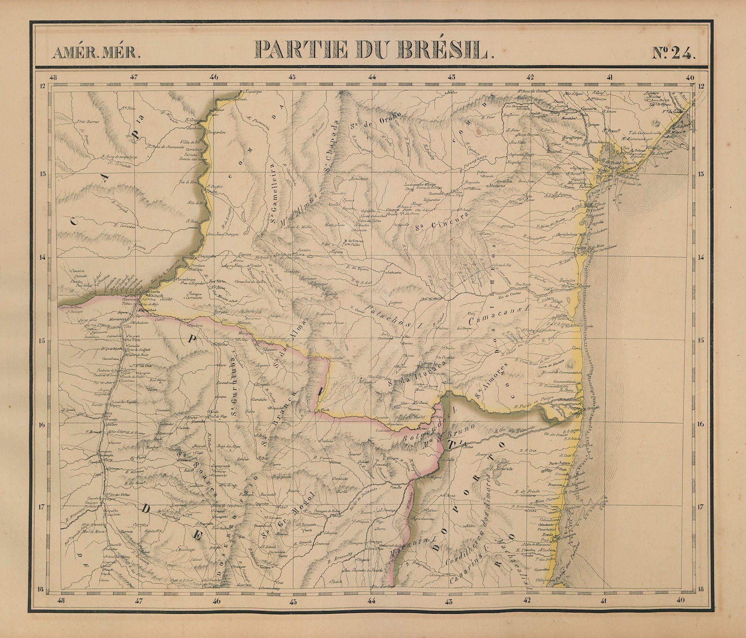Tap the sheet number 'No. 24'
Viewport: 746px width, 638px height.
click(673, 51)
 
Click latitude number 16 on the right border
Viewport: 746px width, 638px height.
click(701, 424)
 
